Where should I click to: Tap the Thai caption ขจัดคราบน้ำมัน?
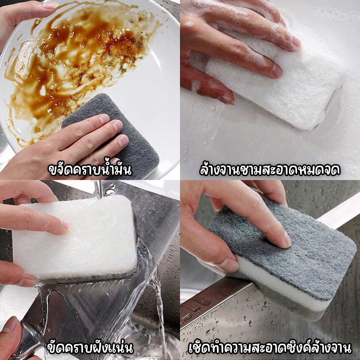[x=90, y=169]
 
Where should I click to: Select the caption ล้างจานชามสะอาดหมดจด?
[x=270, y=169]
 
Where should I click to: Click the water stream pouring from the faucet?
[x=99, y=190]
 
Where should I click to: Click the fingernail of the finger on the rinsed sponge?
[x=65, y=226]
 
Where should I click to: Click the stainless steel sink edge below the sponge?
[x=220, y=299]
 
